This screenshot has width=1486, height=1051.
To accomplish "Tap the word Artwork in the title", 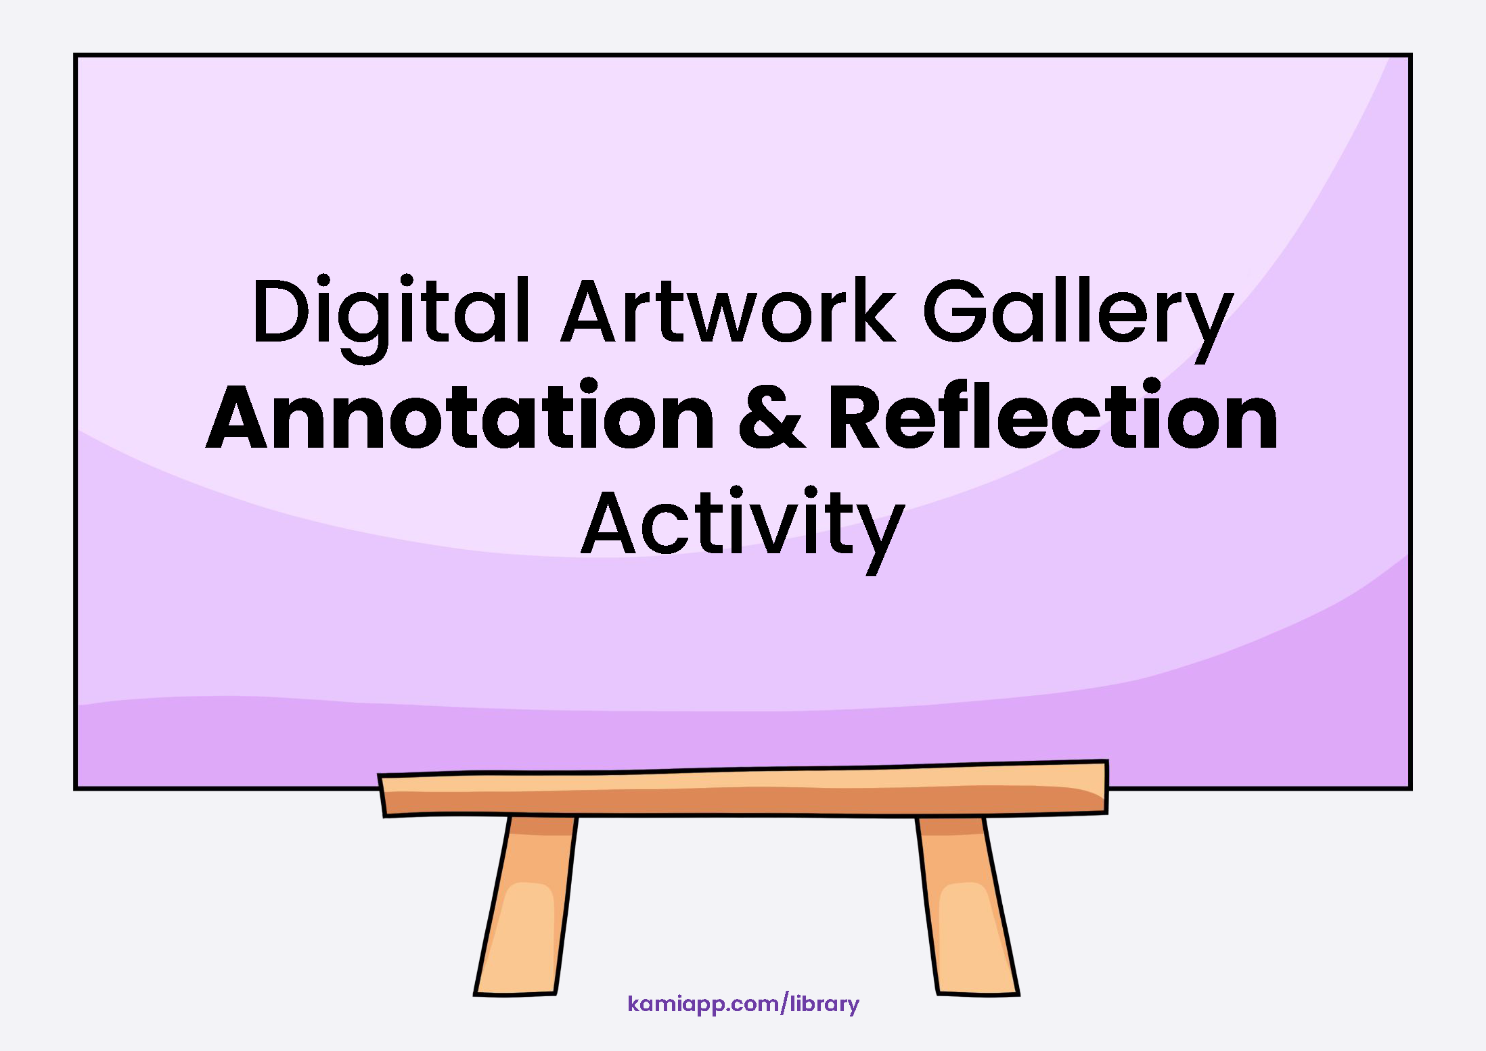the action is tap(729, 310).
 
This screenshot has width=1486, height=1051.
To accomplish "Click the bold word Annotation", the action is tap(460, 415).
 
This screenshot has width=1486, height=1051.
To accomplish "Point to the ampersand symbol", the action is tap(772, 416).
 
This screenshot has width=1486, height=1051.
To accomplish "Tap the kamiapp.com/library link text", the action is tap(743, 1004).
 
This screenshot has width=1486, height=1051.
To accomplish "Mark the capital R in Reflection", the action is tap(859, 416).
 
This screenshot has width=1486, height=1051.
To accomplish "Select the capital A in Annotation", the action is tap(237, 416).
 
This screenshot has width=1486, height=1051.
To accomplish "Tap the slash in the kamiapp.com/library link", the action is tap(785, 1004).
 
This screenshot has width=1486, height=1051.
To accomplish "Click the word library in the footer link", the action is tap(825, 1004).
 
